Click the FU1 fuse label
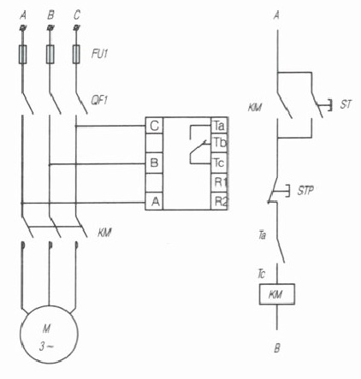[99, 54]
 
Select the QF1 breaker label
[99, 100]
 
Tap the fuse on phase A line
[22, 54]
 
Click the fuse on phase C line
[76, 54]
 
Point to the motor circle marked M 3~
[49, 335]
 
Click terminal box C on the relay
[154, 126]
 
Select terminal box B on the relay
[154, 163]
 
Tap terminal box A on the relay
[154, 202]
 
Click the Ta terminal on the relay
[219, 126]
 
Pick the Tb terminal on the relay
[219, 143]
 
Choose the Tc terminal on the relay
[219, 163]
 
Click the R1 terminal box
[219, 182]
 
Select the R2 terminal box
[219, 201]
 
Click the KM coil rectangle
[277, 294]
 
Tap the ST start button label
[346, 104]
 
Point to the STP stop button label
[305, 190]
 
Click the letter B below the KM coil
[277, 348]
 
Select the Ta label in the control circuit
[262, 235]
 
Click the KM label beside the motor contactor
[104, 233]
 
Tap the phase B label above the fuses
[50, 15]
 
